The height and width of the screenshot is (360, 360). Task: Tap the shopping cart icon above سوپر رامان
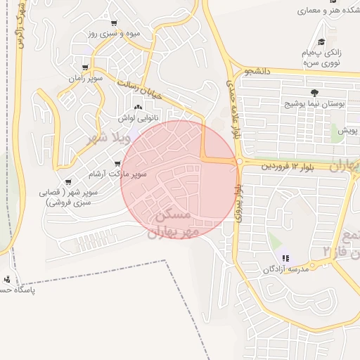point(86,68)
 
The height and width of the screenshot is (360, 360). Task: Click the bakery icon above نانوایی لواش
point(139,108)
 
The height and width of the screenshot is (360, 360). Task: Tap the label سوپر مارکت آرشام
point(118,173)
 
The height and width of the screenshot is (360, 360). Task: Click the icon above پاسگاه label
point(7,279)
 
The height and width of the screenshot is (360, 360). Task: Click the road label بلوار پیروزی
point(240,204)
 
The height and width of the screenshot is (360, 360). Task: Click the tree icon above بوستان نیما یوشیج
point(314,93)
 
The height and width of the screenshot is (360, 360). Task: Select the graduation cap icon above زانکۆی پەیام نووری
point(321,41)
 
